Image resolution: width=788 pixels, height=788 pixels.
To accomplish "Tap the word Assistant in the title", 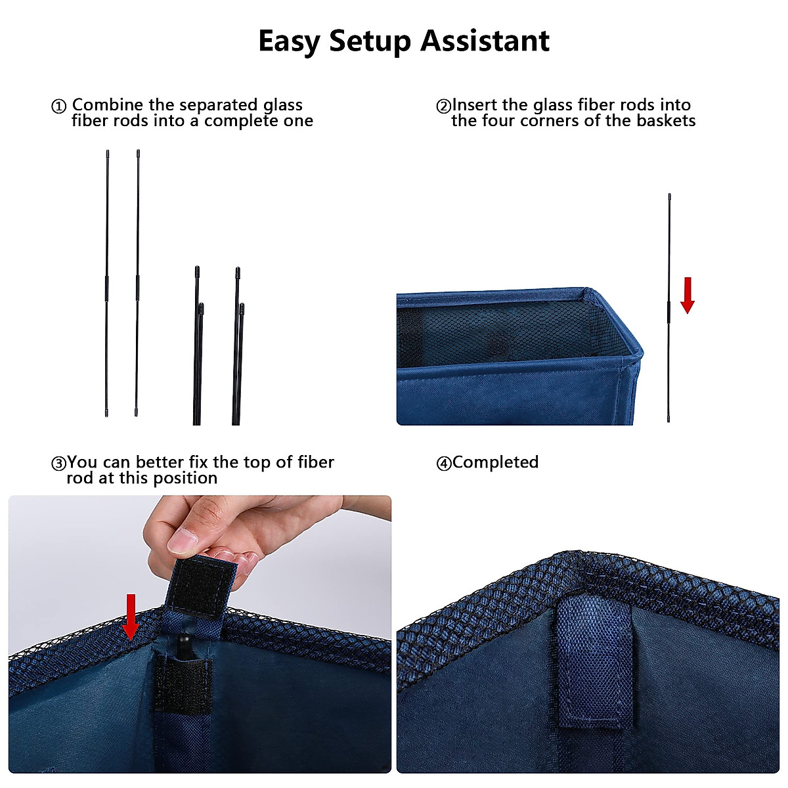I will point(485,41).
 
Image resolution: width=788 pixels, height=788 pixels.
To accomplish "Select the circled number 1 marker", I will point(59,106).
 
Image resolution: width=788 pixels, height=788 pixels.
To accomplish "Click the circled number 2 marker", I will point(444,106).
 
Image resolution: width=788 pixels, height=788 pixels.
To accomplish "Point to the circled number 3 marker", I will point(59,464).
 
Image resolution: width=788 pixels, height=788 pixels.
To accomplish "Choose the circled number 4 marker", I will point(444,464).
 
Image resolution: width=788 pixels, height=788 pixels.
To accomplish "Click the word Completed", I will point(496,462).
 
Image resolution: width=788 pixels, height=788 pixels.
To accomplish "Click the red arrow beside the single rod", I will point(688,295).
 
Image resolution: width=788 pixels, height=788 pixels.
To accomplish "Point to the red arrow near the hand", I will point(131,616).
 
